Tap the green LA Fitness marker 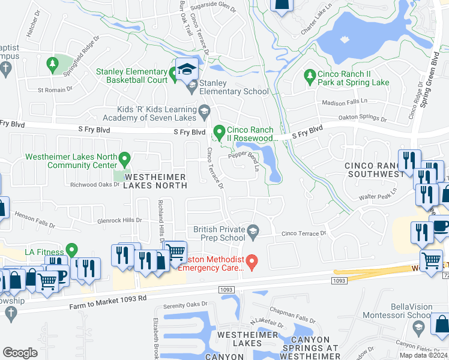click(72, 248)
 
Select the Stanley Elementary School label click(234, 87)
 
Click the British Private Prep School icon click(253, 229)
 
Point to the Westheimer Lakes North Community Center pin click(125, 159)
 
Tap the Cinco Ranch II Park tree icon click(310, 75)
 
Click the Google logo click(20, 352)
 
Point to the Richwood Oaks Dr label click(95, 185)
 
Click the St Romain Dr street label click(55, 89)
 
